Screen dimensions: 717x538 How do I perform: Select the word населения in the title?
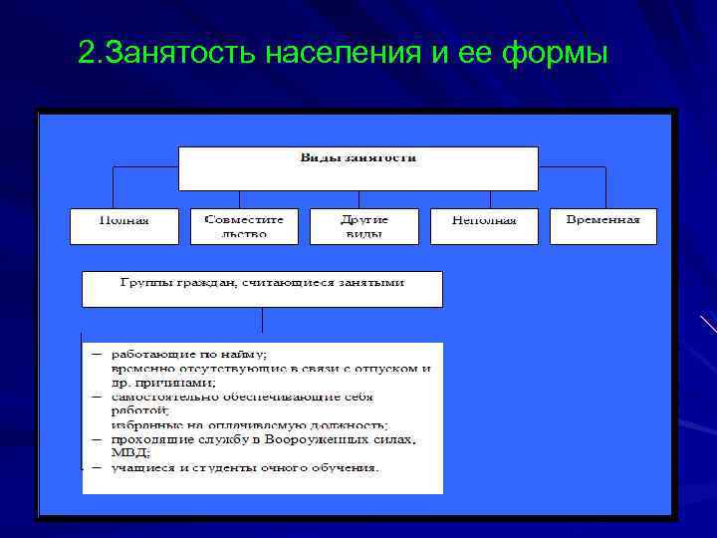click(x=345, y=51)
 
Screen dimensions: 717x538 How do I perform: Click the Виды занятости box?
click(x=358, y=168)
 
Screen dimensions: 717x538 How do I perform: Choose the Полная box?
click(x=124, y=226)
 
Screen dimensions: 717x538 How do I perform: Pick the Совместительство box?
click(x=244, y=226)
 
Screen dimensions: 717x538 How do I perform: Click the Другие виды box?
click(x=363, y=226)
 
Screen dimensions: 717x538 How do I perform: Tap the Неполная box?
click(x=484, y=226)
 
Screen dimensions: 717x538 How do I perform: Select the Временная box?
click(x=603, y=226)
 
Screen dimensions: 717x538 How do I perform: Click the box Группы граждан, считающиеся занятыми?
click(x=262, y=288)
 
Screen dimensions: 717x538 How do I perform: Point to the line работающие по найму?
click(x=189, y=354)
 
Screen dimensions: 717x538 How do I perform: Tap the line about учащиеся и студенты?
click(x=244, y=467)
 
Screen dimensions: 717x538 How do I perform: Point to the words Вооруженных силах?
click(x=329, y=439)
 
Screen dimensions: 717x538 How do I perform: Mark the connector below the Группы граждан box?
click(x=262, y=319)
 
